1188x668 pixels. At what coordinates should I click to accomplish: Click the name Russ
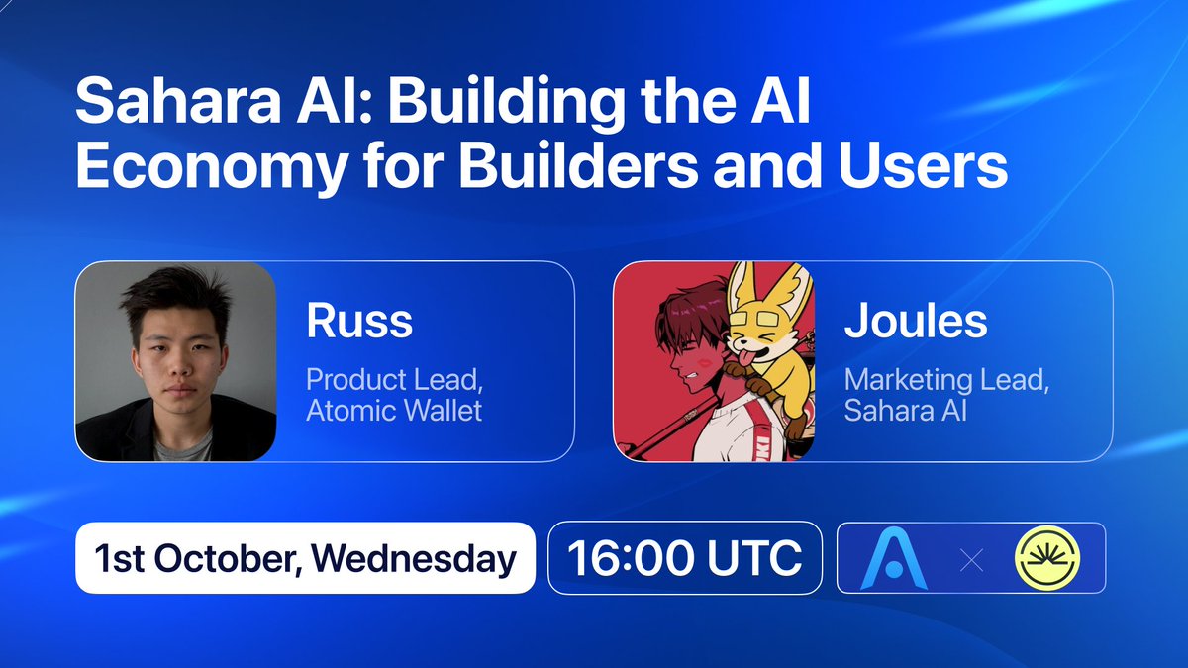pos(358,321)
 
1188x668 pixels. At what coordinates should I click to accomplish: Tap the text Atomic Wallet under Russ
pos(394,410)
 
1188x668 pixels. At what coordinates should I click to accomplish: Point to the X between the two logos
pos(972,561)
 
